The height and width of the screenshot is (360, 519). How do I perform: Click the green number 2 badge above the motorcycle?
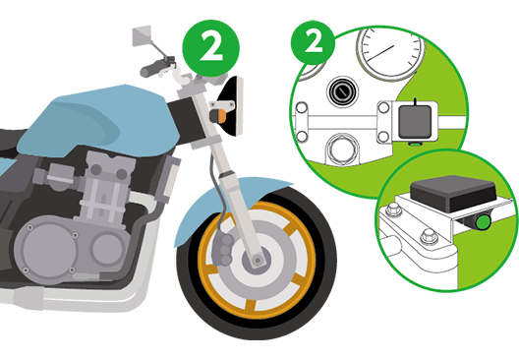click(210, 48)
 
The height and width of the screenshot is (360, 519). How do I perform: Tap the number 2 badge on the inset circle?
click(313, 43)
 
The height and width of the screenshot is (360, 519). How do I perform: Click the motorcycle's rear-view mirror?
click(142, 35)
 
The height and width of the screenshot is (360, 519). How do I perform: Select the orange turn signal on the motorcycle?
click(218, 115)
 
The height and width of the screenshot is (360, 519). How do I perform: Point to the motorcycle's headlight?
click(232, 106)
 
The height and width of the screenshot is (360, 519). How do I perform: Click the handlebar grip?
click(150, 69)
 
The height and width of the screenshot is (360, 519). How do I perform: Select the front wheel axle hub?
click(257, 260)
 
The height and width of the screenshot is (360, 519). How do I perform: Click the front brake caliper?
click(222, 249)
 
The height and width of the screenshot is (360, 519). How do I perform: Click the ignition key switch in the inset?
click(342, 91)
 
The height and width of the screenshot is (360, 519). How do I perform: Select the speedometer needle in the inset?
click(380, 53)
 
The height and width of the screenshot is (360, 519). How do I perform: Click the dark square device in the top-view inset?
click(415, 122)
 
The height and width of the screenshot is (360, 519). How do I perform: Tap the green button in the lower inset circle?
click(483, 222)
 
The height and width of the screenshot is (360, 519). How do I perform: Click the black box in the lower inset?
click(453, 193)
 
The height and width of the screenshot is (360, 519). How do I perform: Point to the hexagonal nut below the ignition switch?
click(342, 150)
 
